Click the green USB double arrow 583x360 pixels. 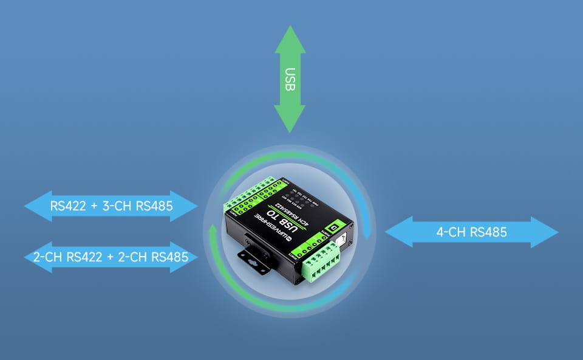coord(290,79)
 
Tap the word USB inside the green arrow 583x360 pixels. coord(290,79)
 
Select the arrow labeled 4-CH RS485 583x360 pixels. coord(471,232)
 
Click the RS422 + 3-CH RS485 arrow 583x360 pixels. coord(112,206)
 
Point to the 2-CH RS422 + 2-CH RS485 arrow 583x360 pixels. coord(111,257)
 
